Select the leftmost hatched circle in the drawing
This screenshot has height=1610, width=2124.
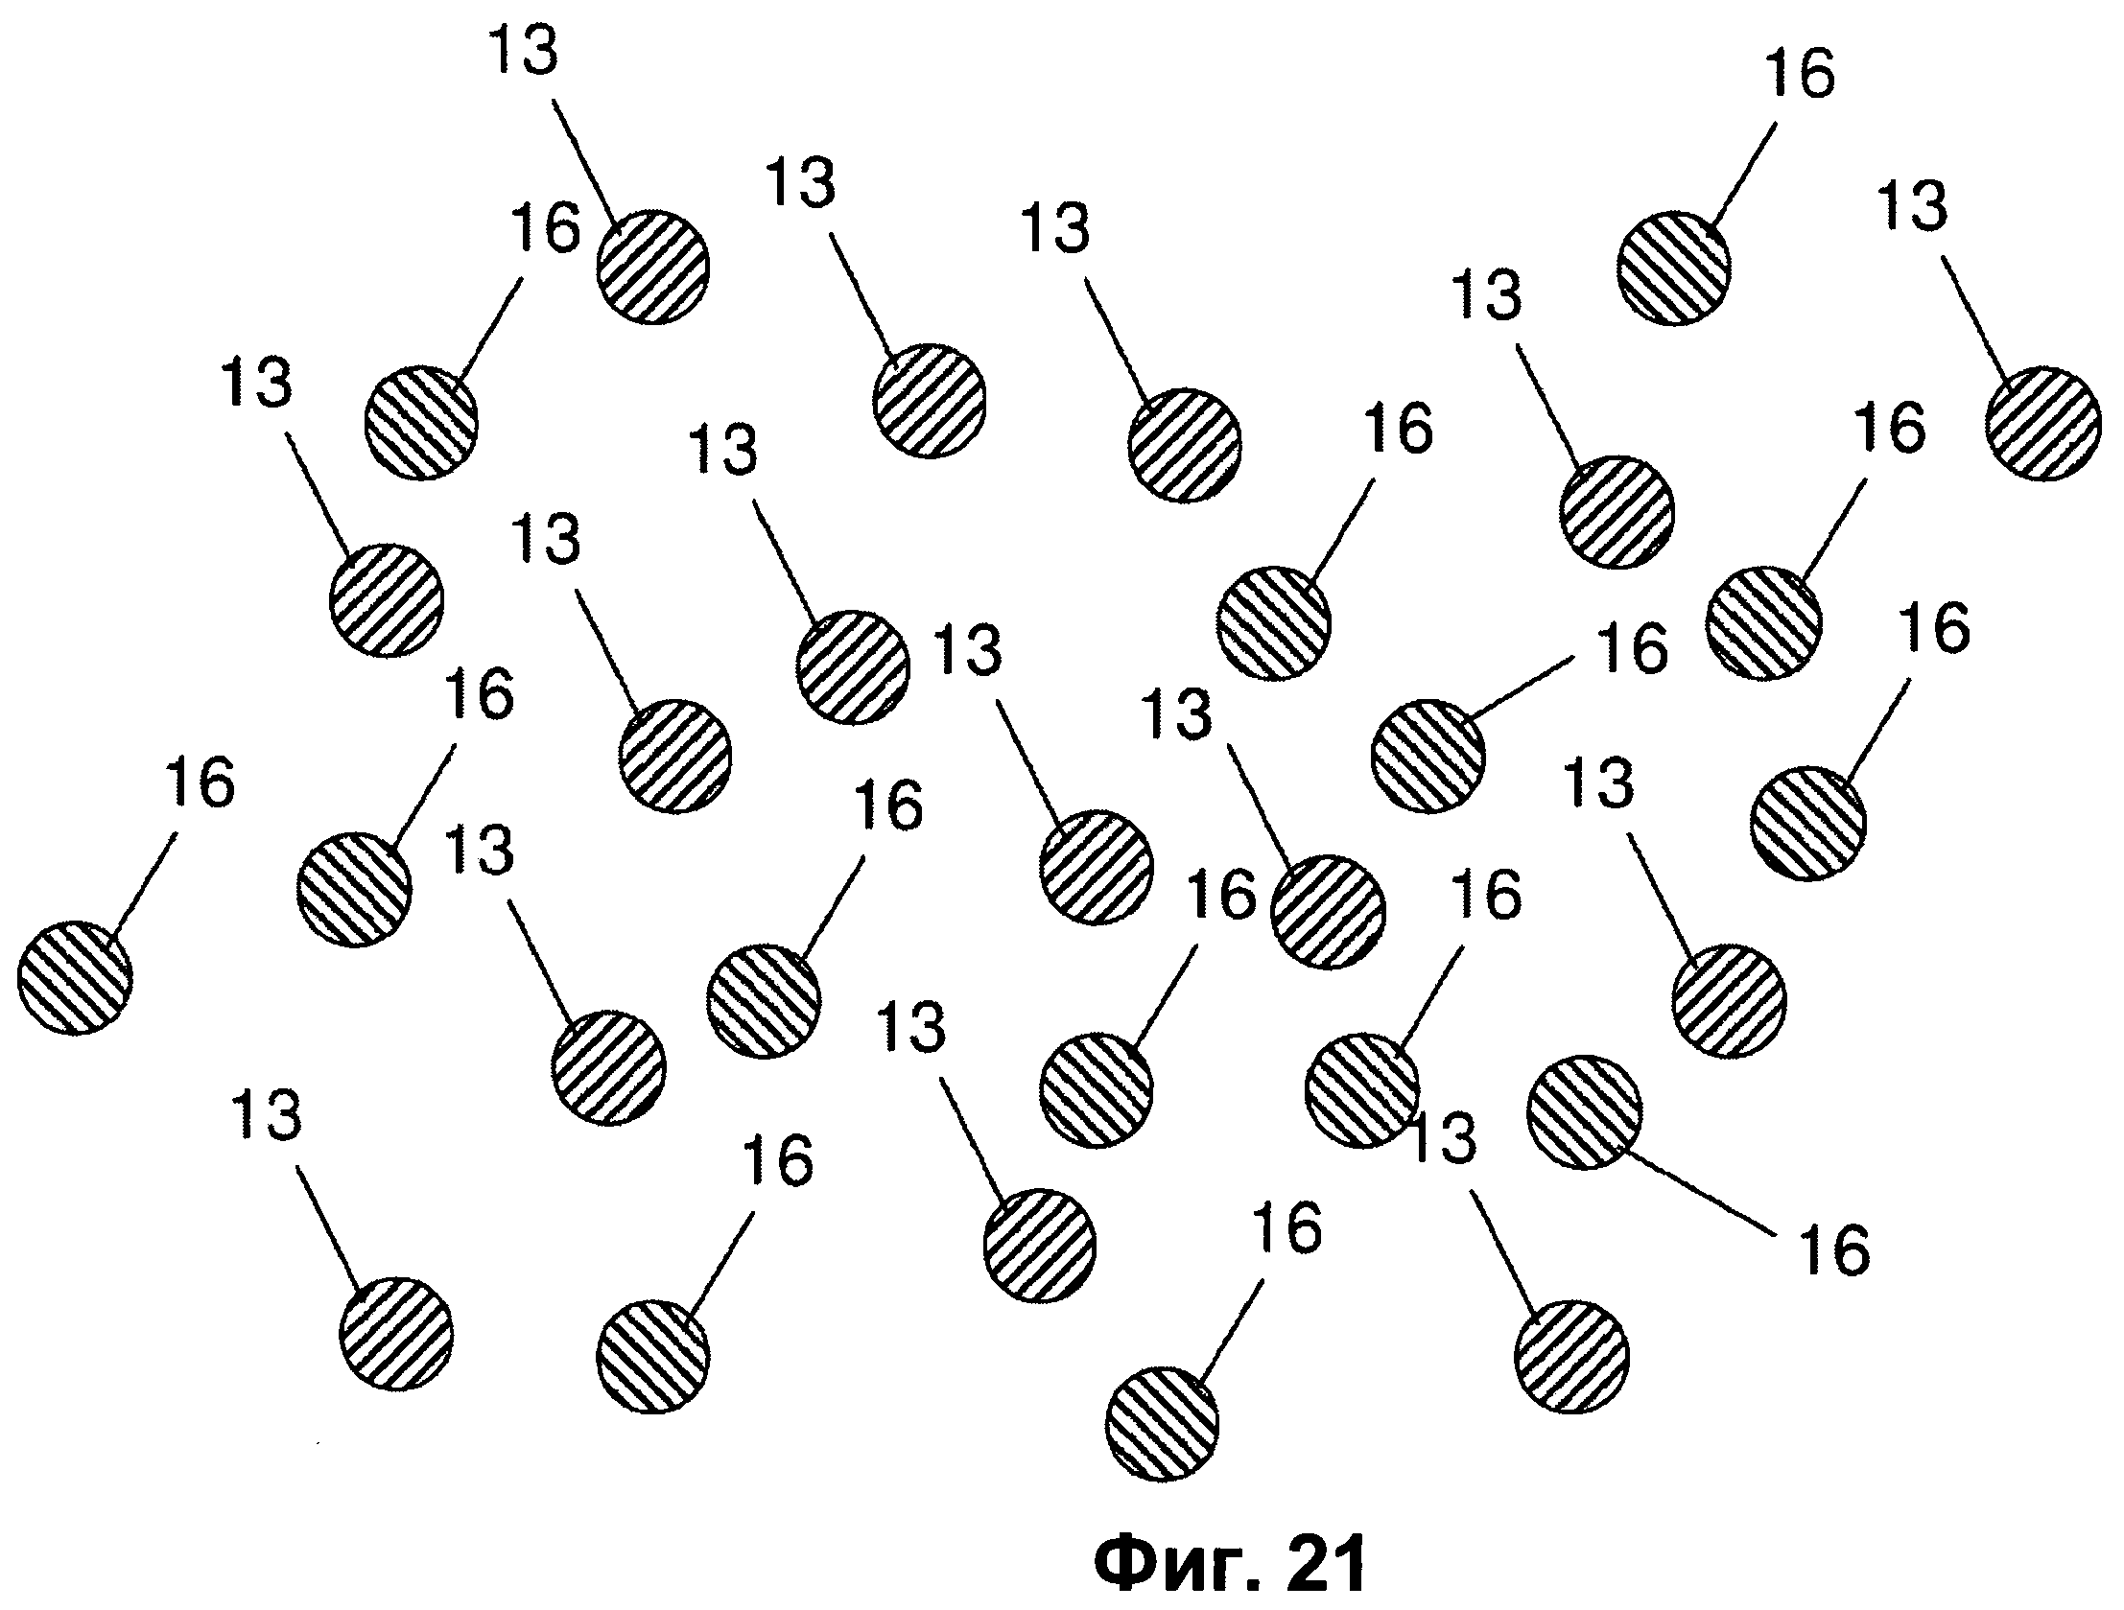coord(75,978)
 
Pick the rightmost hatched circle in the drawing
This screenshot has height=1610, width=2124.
coord(2042,424)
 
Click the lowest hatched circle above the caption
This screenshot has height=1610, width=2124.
coord(1163,1424)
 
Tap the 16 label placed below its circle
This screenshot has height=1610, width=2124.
coord(1835,1249)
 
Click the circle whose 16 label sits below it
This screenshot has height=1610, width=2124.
coord(1584,1112)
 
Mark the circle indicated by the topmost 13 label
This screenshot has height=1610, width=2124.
coord(653,267)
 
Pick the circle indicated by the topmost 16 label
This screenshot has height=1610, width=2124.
coord(1674,268)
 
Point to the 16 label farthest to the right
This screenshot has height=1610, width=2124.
coord(1935,628)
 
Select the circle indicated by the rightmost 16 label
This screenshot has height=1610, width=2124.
coord(1809,823)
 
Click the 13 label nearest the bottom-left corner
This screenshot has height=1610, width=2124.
coord(267,1115)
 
